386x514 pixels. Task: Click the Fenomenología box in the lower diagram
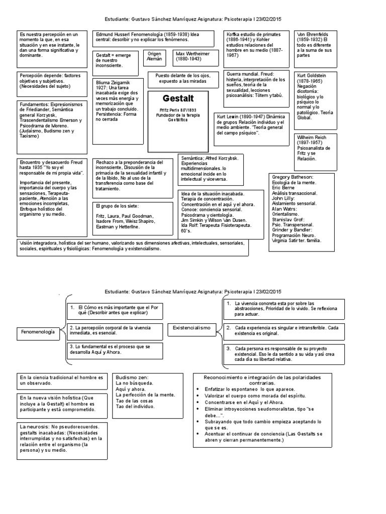[x=38, y=332]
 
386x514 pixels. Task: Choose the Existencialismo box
[x=191, y=327]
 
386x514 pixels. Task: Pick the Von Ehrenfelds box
[x=314, y=43]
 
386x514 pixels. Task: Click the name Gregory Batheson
[x=293, y=178]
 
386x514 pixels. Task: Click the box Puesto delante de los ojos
[x=179, y=78]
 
